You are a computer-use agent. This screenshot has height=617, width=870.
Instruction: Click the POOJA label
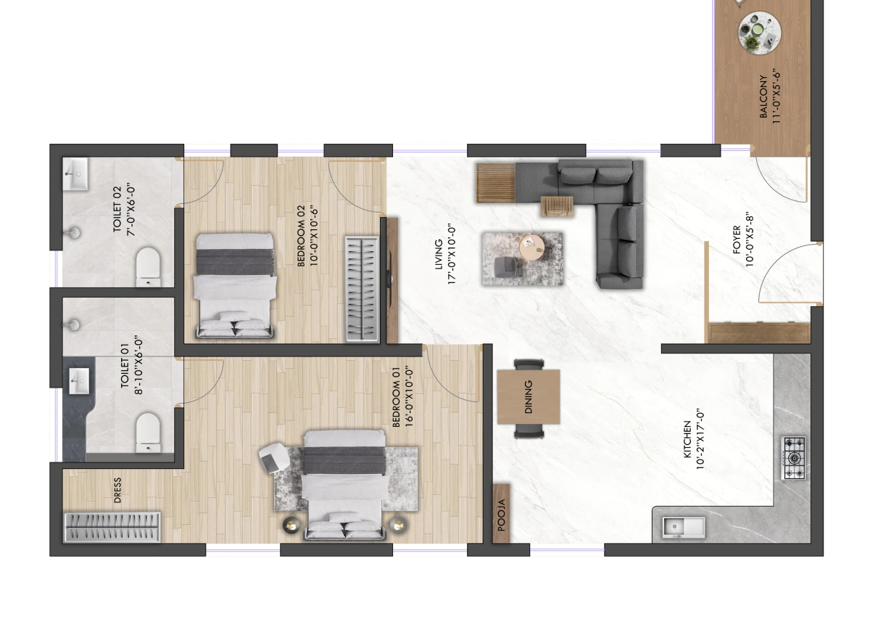502,515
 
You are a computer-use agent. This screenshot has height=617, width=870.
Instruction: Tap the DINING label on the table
529,397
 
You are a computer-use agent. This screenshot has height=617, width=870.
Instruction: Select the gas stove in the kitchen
793,458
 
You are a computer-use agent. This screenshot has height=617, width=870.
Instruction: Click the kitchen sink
684,528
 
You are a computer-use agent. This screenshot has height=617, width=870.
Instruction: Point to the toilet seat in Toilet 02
149,266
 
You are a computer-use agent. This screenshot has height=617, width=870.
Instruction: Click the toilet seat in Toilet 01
149,433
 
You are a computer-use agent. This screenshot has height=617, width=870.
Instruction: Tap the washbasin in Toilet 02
75,173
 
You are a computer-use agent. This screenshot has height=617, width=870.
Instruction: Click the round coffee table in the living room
532,248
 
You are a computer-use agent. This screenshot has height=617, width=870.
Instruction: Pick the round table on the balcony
759,33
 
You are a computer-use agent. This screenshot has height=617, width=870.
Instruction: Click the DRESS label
117,490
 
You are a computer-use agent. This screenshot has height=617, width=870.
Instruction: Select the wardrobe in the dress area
112,527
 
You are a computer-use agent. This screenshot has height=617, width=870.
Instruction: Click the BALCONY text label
763,97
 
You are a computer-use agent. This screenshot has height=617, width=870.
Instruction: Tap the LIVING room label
439,254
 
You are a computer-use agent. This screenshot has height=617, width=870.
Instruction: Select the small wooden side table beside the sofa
557,206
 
